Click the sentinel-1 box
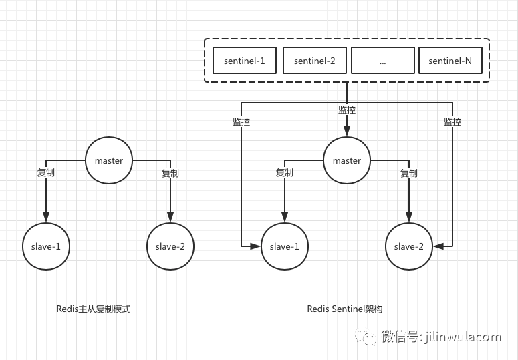click(x=245, y=60)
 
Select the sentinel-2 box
click(x=315, y=60)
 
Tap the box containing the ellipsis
click(x=383, y=60)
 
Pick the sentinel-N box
click(x=450, y=60)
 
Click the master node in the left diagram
click(x=109, y=160)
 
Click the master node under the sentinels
click(x=347, y=160)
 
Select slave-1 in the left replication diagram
click(x=46, y=246)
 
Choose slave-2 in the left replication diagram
click(x=170, y=246)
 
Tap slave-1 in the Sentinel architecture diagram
click(x=285, y=246)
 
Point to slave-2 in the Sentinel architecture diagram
click(x=409, y=246)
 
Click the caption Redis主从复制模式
click(x=94, y=309)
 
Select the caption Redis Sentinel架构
click(x=345, y=309)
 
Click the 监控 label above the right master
click(x=347, y=110)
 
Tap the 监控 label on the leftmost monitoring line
click(x=241, y=122)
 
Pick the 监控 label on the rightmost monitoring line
click(x=452, y=122)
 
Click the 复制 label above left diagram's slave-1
click(x=46, y=172)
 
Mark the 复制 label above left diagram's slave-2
click(x=170, y=173)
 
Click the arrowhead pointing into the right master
click(x=347, y=131)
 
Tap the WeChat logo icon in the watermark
click(x=366, y=337)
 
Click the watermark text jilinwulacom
click(x=463, y=337)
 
